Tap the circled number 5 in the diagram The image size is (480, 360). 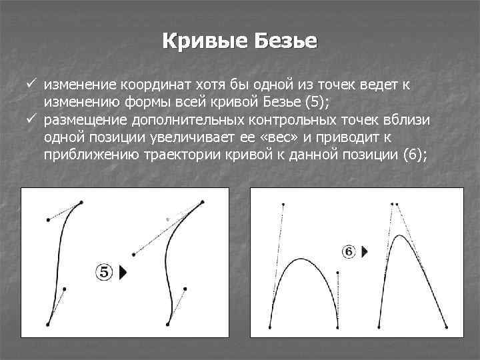click(x=105, y=272)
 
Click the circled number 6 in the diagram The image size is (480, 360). click(x=349, y=251)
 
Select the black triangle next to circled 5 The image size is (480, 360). click(x=123, y=273)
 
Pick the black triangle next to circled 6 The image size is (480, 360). click(x=365, y=252)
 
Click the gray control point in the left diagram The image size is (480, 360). click(x=168, y=218)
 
